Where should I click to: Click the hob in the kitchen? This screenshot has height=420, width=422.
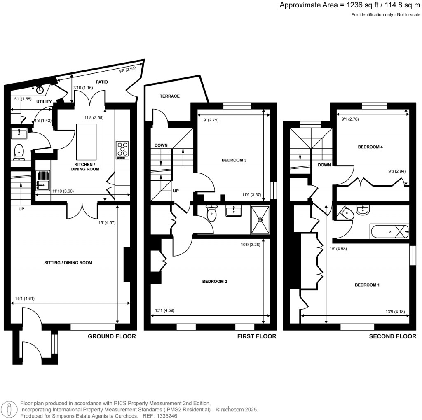[x=122, y=150]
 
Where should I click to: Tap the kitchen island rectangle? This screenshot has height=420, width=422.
[x=87, y=140]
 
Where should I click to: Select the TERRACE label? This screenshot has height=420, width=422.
[x=170, y=96]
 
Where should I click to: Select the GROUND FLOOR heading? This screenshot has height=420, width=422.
[x=112, y=336]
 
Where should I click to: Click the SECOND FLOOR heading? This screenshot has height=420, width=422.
[x=392, y=336]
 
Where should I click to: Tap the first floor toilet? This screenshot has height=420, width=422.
[x=211, y=214]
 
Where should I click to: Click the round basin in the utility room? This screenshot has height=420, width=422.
[x=40, y=89]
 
